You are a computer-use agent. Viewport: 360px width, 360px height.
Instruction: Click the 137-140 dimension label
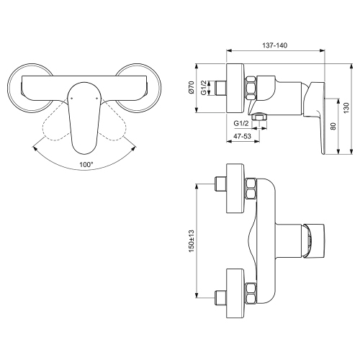point(274,45)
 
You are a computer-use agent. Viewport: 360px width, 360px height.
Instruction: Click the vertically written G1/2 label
point(204,89)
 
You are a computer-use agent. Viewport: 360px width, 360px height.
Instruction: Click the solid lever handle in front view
point(84,115)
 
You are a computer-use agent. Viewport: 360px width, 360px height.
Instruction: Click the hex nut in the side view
point(252,88)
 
